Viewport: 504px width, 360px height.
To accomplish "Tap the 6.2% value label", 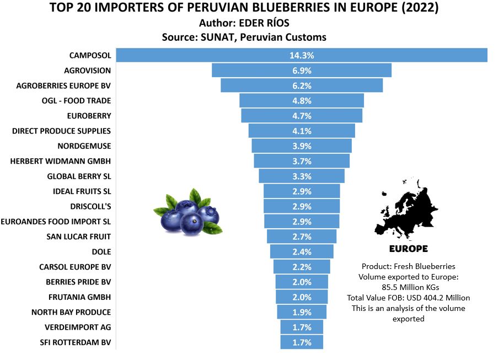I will click(x=302, y=86).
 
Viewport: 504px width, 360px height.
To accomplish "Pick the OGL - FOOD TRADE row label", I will click(x=76, y=101).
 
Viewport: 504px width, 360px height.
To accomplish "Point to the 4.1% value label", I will click(x=302, y=131).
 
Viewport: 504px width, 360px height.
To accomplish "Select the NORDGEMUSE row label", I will click(x=84, y=146).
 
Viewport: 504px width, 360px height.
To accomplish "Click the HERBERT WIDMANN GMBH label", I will click(x=61, y=161).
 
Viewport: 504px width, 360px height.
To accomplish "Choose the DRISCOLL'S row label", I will click(x=90, y=206).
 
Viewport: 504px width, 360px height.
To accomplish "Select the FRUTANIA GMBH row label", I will click(x=79, y=297).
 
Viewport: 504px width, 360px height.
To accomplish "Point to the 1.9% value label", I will click(x=302, y=312).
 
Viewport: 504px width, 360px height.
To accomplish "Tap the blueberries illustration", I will click(x=188, y=212).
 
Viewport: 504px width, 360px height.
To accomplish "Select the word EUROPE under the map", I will click(x=408, y=249).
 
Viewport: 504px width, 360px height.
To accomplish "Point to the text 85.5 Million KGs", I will click(x=409, y=287).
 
